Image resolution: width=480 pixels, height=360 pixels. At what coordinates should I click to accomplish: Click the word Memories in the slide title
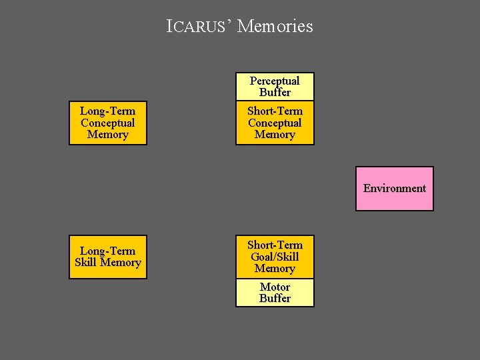pos(275,27)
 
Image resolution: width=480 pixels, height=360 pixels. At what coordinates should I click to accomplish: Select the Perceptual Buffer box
pos(275,87)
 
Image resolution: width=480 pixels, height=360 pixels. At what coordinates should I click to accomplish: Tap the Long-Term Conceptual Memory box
pos(107,123)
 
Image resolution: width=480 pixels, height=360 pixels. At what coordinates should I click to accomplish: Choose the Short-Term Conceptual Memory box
pos(275,123)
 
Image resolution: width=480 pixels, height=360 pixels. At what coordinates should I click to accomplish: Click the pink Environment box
pos(394,189)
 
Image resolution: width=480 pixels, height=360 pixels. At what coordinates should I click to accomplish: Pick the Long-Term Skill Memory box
pos(107,257)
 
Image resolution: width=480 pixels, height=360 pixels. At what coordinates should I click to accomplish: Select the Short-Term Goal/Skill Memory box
pos(275,257)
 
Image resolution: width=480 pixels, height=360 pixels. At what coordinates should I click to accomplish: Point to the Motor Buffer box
pos(275,293)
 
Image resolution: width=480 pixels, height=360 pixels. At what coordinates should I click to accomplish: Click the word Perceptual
pos(275,81)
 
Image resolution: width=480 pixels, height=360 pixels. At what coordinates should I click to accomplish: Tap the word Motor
pos(275,287)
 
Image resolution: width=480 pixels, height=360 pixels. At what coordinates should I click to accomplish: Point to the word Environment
pos(394,188)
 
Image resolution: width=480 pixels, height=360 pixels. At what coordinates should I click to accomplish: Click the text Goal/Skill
pos(275,257)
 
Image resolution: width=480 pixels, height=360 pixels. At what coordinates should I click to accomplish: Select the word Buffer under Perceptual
pos(275,93)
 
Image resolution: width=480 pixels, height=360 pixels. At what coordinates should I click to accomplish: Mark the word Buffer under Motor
pos(275,299)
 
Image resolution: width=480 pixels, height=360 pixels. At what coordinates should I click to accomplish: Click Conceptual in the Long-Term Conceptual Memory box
pos(107,123)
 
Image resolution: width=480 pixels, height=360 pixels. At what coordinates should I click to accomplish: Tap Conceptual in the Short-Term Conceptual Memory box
pos(275,123)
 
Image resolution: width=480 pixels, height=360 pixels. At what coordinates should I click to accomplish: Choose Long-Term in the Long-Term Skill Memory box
pos(107,251)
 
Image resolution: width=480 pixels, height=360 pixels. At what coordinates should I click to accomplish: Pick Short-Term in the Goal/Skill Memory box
pos(275,245)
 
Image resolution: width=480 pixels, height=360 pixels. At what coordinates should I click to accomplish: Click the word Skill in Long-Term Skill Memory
pos(87,263)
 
